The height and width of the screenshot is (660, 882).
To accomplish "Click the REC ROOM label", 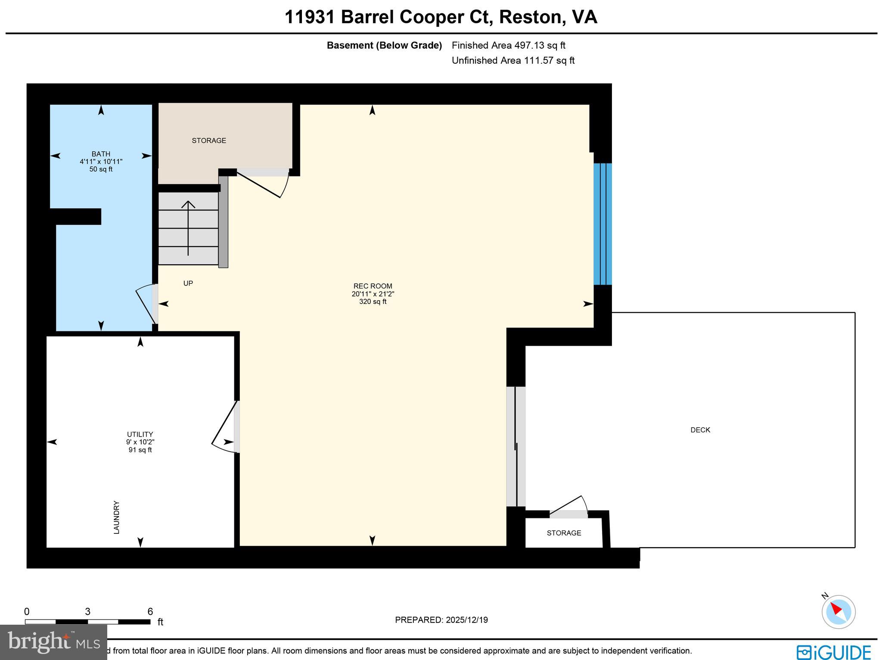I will click(x=373, y=286).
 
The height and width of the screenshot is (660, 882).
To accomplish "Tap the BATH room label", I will click(x=101, y=154).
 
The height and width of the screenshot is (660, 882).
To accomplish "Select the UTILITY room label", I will click(x=140, y=434).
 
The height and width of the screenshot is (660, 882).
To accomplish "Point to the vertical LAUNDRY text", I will click(x=116, y=517).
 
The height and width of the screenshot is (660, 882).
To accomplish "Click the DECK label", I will click(x=700, y=430).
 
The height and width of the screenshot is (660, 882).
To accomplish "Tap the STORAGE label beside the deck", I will click(x=564, y=533).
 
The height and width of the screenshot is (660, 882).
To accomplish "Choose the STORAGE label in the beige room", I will click(x=209, y=141).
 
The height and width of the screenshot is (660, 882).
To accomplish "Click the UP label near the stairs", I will click(x=188, y=283).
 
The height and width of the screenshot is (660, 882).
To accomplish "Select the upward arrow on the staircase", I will click(x=188, y=228).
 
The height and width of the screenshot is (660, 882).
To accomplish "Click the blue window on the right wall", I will click(x=602, y=224).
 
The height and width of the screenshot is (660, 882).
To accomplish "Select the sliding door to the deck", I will click(x=516, y=446).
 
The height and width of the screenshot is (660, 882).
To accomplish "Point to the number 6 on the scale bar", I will click(x=150, y=611).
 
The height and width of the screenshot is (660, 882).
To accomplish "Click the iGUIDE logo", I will click(x=833, y=652).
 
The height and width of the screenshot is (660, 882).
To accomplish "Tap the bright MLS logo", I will click(x=53, y=642).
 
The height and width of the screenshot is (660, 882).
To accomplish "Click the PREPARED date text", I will click(x=441, y=620).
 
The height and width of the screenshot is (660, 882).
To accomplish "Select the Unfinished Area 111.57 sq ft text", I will click(x=513, y=61).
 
